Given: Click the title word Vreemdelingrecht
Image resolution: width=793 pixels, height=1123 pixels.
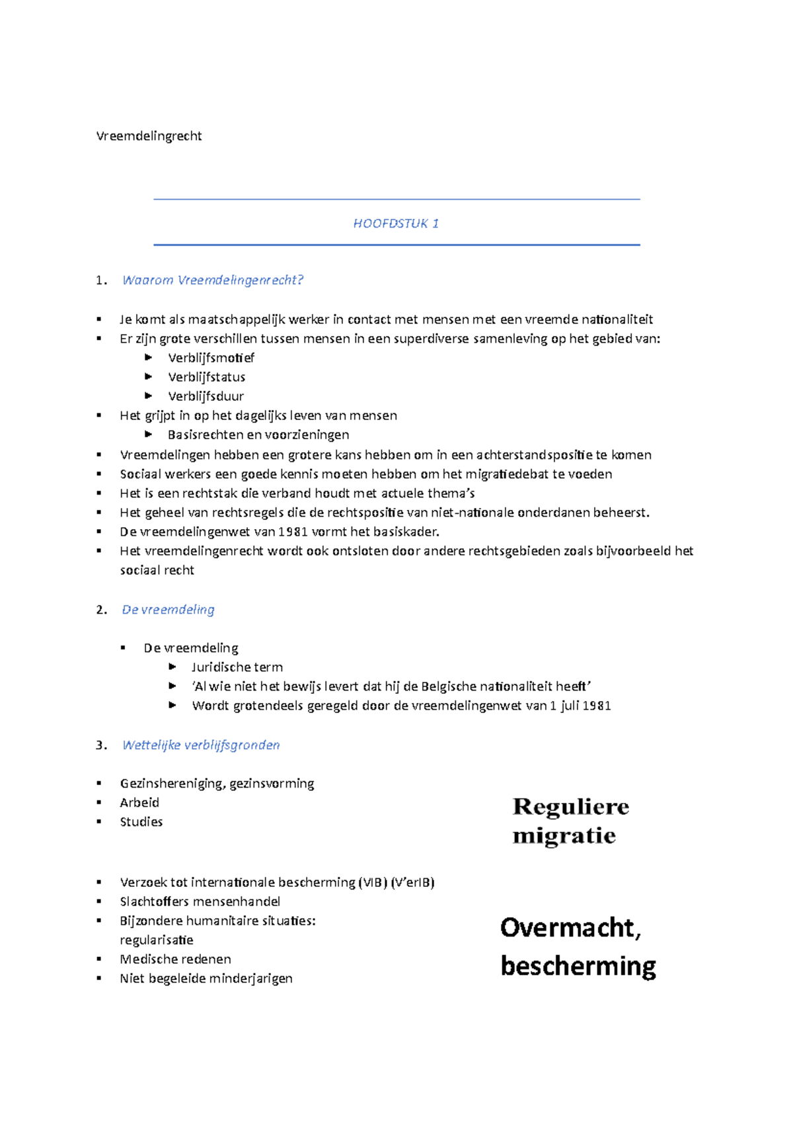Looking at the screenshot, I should (x=149, y=136).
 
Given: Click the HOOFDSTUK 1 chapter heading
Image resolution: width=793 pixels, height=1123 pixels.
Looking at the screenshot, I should (x=396, y=224).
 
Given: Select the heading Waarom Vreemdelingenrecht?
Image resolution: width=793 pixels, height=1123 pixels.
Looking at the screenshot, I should (x=212, y=280).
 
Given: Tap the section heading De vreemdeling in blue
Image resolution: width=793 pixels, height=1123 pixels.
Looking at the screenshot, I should (x=168, y=610).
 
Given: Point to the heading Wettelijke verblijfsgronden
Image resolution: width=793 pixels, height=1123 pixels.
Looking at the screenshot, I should (x=201, y=745).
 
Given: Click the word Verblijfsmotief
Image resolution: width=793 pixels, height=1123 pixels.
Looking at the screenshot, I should (x=211, y=358).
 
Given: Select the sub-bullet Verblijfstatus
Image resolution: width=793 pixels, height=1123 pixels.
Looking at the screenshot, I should (x=206, y=377).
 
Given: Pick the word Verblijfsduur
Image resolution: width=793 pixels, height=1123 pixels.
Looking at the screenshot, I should (x=206, y=396).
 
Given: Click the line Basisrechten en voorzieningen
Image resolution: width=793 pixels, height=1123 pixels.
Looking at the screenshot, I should (x=258, y=435).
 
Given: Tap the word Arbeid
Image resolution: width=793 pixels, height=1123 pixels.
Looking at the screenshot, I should (x=139, y=803).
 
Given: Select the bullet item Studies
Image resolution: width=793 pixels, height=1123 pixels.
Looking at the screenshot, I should (x=141, y=822).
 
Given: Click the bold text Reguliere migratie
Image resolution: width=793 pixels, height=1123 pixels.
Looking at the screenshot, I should (x=570, y=821).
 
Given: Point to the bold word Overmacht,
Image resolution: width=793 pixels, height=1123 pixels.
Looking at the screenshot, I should (x=570, y=928).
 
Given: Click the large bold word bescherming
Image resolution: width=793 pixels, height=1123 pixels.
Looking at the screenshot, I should (x=578, y=966).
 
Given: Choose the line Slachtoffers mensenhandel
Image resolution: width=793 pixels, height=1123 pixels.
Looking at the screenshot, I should (x=200, y=901).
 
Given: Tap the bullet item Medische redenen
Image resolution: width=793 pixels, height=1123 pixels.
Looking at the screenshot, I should (x=175, y=959).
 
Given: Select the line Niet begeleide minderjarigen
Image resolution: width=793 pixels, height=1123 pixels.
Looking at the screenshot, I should (x=206, y=978).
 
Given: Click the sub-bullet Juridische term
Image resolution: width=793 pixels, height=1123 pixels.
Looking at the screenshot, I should (x=237, y=667).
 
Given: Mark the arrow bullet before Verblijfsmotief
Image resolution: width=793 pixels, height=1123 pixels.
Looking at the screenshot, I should (x=149, y=358).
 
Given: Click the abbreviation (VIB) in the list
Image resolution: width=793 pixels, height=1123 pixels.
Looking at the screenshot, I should (x=373, y=882).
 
